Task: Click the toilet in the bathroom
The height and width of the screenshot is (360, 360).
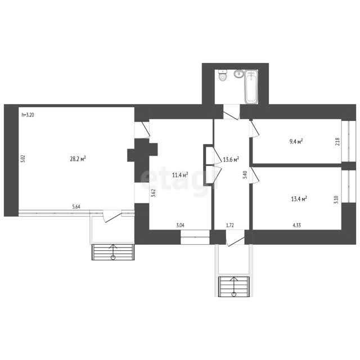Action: [x=223, y=75]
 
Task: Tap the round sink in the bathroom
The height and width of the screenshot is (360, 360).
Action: [x=239, y=74]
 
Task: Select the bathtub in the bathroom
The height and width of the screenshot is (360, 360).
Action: [x=251, y=87]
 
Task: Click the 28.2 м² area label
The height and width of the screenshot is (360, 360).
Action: [x=78, y=159]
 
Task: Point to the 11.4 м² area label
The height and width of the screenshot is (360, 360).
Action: [x=180, y=175]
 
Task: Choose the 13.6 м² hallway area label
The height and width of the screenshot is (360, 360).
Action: [x=231, y=159]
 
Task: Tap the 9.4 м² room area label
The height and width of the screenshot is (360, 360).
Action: [x=296, y=141]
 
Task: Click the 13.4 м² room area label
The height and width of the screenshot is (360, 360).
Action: [x=299, y=199]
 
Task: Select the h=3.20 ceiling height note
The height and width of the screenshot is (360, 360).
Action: [x=28, y=115]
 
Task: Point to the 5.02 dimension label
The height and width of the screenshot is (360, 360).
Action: [x=23, y=159]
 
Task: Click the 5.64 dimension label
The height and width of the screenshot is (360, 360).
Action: [x=76, y=206]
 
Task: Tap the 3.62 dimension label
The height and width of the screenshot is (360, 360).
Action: [x=154, y=193]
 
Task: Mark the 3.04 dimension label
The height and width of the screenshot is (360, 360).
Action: [x=180, y=225]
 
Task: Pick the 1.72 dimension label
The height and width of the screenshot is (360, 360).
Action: [x=230, y=225]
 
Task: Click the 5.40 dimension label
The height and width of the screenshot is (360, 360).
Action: [x=245, y=175]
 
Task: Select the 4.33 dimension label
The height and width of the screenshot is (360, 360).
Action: [x=296, y=225]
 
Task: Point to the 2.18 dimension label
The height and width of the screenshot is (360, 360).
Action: [x=337, y=142]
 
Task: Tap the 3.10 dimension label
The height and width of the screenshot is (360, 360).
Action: [x=336, y=200]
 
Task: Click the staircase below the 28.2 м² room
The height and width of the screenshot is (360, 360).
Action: [x=113, y=252]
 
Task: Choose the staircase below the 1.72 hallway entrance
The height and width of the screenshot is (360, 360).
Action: [x=234, y=286]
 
